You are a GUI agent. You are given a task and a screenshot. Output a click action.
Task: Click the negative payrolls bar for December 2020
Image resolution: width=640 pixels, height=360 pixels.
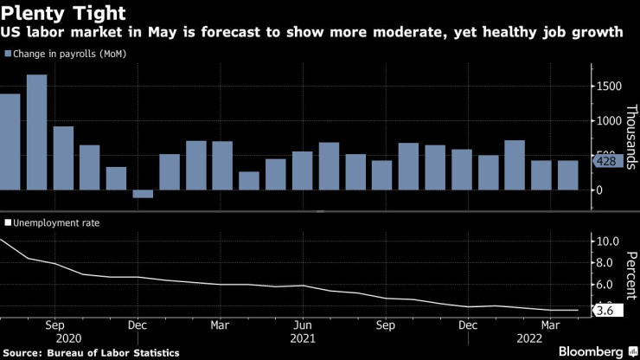143,194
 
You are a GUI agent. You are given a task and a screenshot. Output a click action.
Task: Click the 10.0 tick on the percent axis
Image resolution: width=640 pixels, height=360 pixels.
608,241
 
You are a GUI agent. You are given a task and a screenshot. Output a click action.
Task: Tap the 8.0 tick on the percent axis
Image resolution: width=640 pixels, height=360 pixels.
608,262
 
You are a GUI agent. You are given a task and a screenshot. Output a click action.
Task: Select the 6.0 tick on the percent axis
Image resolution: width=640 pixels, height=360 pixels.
608,285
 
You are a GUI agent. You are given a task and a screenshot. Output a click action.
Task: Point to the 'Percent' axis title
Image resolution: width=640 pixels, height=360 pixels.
630,268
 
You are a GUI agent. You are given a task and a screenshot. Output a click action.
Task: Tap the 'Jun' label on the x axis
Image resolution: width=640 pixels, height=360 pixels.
302,325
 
